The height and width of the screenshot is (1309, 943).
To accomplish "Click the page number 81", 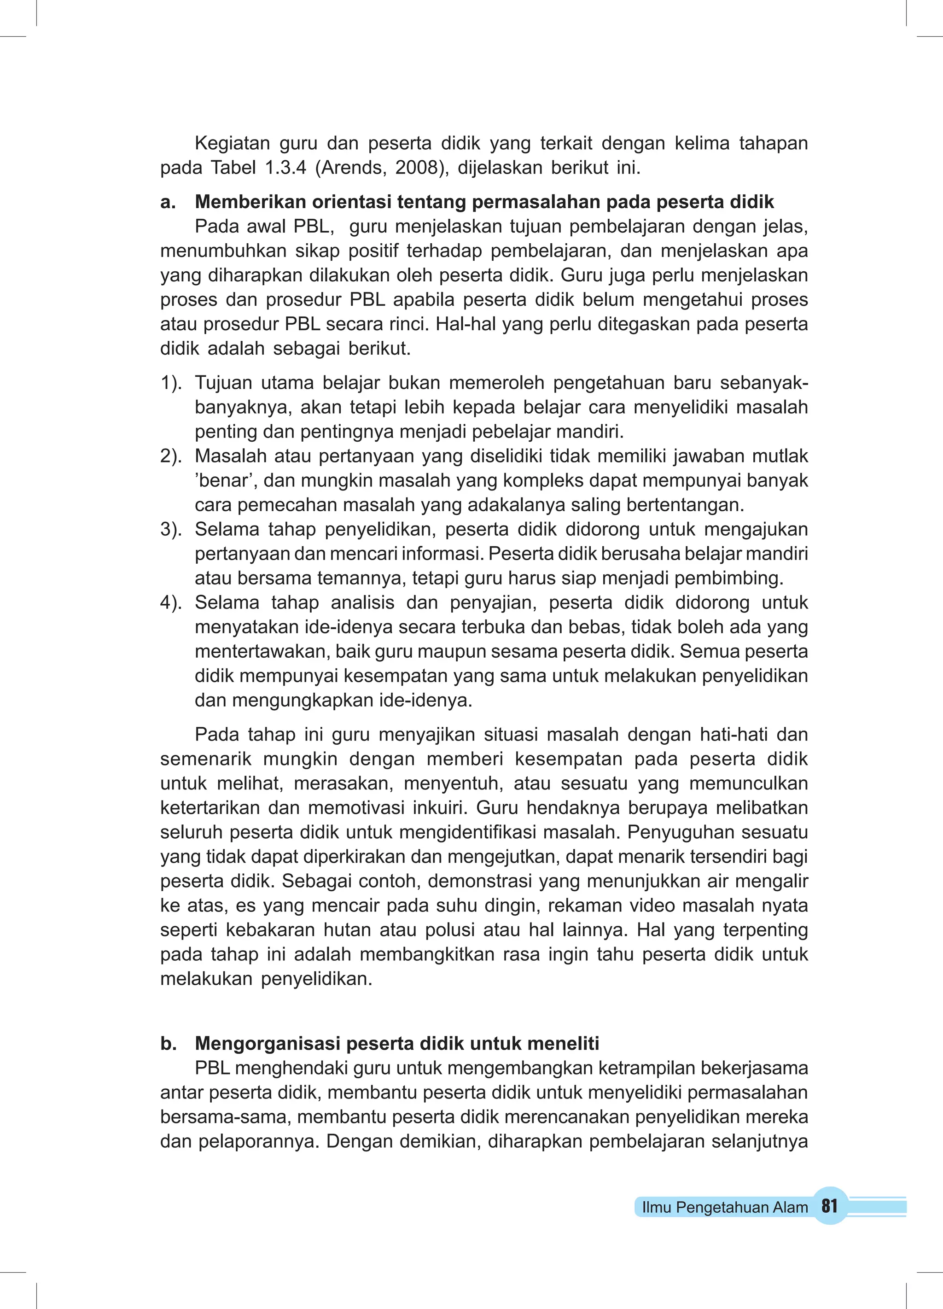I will pos(829,1206).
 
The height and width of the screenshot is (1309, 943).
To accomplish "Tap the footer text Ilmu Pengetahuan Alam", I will pos(724,1207).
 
